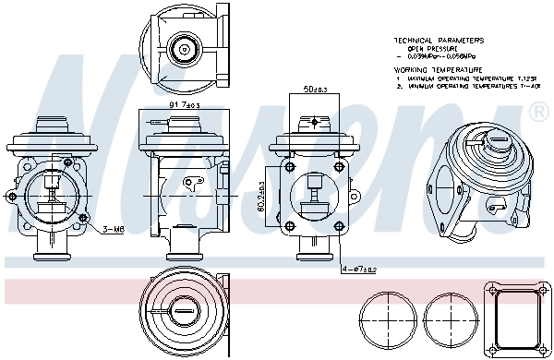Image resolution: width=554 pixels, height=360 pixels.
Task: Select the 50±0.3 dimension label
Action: tap(313, 91)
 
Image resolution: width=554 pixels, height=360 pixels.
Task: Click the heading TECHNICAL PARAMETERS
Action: tap(438, 41)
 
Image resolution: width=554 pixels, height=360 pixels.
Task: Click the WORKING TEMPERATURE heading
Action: tap(438, 69)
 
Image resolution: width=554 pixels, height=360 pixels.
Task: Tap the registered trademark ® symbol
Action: tap(536, 113)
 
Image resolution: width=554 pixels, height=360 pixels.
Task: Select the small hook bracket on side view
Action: tap(194, 183)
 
